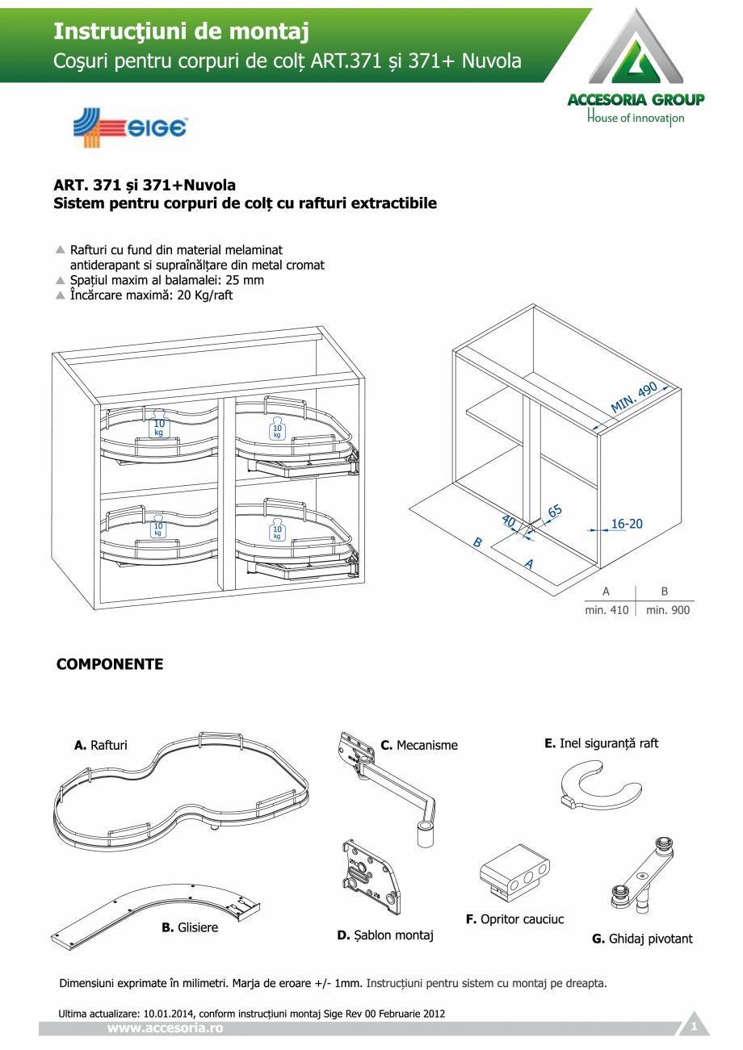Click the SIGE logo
[x=130, y=128]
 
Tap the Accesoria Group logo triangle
[x=636, y=51]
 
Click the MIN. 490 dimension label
[x=634, y=397]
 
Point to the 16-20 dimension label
[x=626, y=524]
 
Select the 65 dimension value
[x=555, y=511]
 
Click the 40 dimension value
[x=509, y=521]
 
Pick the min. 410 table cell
[x=607, y=610]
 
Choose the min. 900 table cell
[x=668, y=610]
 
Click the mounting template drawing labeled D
[x=370, y=879]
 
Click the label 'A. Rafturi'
[x=101, y=745]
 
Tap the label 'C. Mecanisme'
[x=419, y=745]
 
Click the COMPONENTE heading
[x=110, y=664]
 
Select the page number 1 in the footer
[x=693, y=1027]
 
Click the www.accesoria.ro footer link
[x=165, y=1028]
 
